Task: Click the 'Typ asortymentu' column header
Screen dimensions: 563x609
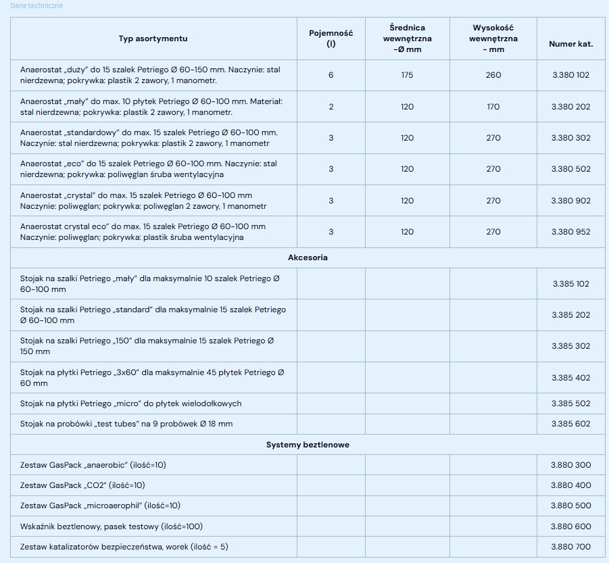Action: point(153,39)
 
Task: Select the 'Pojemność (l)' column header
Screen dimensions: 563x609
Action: point(331,39)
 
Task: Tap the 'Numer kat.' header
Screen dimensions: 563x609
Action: point(570,44)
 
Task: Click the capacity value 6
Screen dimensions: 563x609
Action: point(331,75)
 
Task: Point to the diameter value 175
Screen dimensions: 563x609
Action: point(407,75)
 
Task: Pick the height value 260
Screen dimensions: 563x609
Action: point(493,75)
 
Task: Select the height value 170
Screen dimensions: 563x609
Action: point(493,107)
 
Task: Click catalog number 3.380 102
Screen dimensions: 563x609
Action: point(570,75)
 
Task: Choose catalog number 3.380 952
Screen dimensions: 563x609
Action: point(570,232)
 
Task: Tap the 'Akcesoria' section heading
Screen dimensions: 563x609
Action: point(308,258)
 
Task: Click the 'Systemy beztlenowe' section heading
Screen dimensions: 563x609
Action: point(308,445)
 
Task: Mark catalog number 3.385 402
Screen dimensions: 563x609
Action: point(570,378)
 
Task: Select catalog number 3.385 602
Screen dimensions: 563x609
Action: point(570,424)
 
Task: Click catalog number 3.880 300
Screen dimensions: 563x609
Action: point(570,465)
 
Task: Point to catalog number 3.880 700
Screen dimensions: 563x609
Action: point(570,546)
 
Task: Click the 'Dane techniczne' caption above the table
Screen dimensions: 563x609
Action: point(36,5)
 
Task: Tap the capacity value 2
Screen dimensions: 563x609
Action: point(331,107)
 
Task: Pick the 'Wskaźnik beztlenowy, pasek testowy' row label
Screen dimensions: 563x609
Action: point(112,526)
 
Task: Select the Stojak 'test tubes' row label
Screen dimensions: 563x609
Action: point(126,424)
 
